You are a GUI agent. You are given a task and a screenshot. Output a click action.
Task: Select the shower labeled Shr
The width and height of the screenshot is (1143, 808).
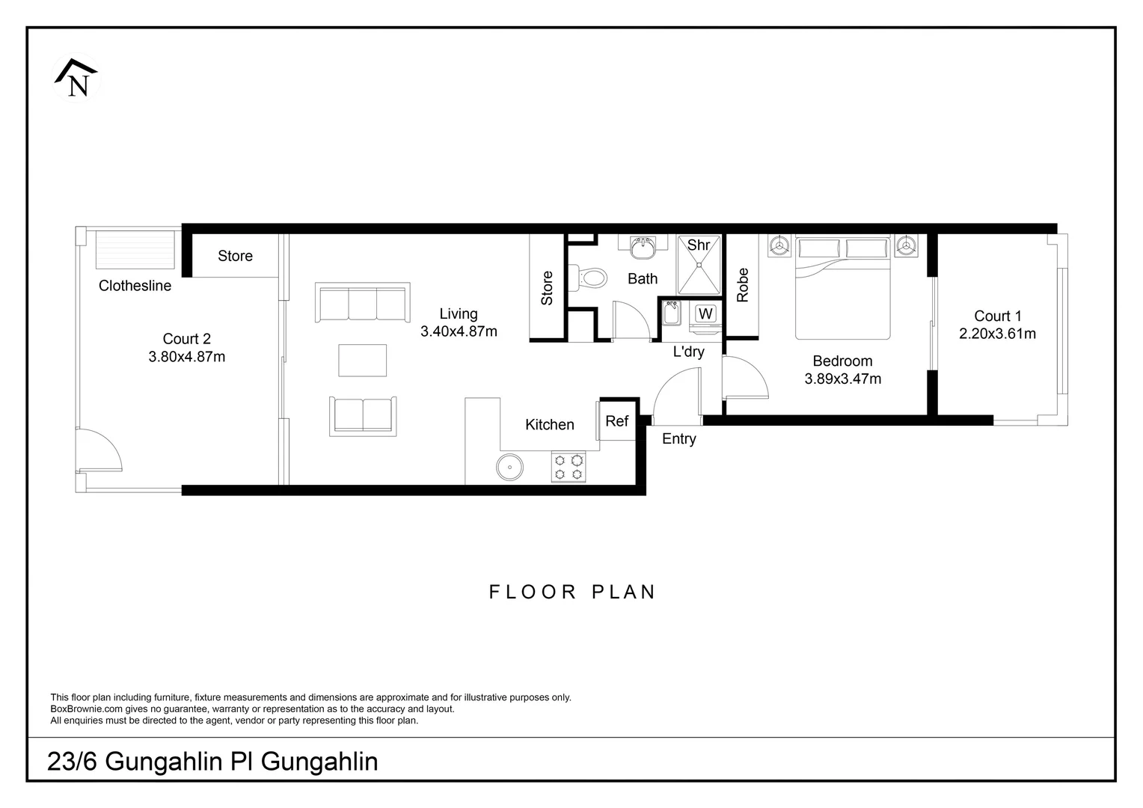point(699,265)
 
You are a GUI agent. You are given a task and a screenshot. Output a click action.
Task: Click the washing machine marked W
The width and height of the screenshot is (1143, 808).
point(705,313)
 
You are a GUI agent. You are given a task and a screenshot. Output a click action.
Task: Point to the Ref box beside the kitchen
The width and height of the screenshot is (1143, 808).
point(617,421)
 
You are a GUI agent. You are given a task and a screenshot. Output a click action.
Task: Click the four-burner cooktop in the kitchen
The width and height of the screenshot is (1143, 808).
point(568,467)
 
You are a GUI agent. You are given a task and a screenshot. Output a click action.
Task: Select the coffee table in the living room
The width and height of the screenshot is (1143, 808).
point(363,360)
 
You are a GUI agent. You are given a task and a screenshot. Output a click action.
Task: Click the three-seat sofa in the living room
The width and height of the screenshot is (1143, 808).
point(363,303)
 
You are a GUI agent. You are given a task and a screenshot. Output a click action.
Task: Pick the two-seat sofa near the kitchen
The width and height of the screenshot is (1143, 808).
point(363,416)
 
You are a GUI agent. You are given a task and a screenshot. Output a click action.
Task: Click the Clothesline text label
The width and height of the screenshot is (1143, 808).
point(135,286)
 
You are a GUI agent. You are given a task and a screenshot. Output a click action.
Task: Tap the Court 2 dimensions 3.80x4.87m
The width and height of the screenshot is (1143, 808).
point(187,357)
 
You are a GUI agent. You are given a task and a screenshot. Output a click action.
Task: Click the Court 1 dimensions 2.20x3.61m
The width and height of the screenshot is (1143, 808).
point(998,334)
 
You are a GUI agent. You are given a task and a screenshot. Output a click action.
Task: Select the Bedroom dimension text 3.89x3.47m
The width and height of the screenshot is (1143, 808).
point(843,379)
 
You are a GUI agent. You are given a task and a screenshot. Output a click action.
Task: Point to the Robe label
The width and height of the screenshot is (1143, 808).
point(743,285)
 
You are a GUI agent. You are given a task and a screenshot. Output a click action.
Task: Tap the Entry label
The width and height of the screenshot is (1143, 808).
point(679,439)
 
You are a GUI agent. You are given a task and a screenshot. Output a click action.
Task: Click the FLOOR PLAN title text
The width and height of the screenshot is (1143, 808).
point(572,592)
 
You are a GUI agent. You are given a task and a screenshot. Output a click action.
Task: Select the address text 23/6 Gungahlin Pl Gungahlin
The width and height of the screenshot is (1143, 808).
point(212,762)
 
